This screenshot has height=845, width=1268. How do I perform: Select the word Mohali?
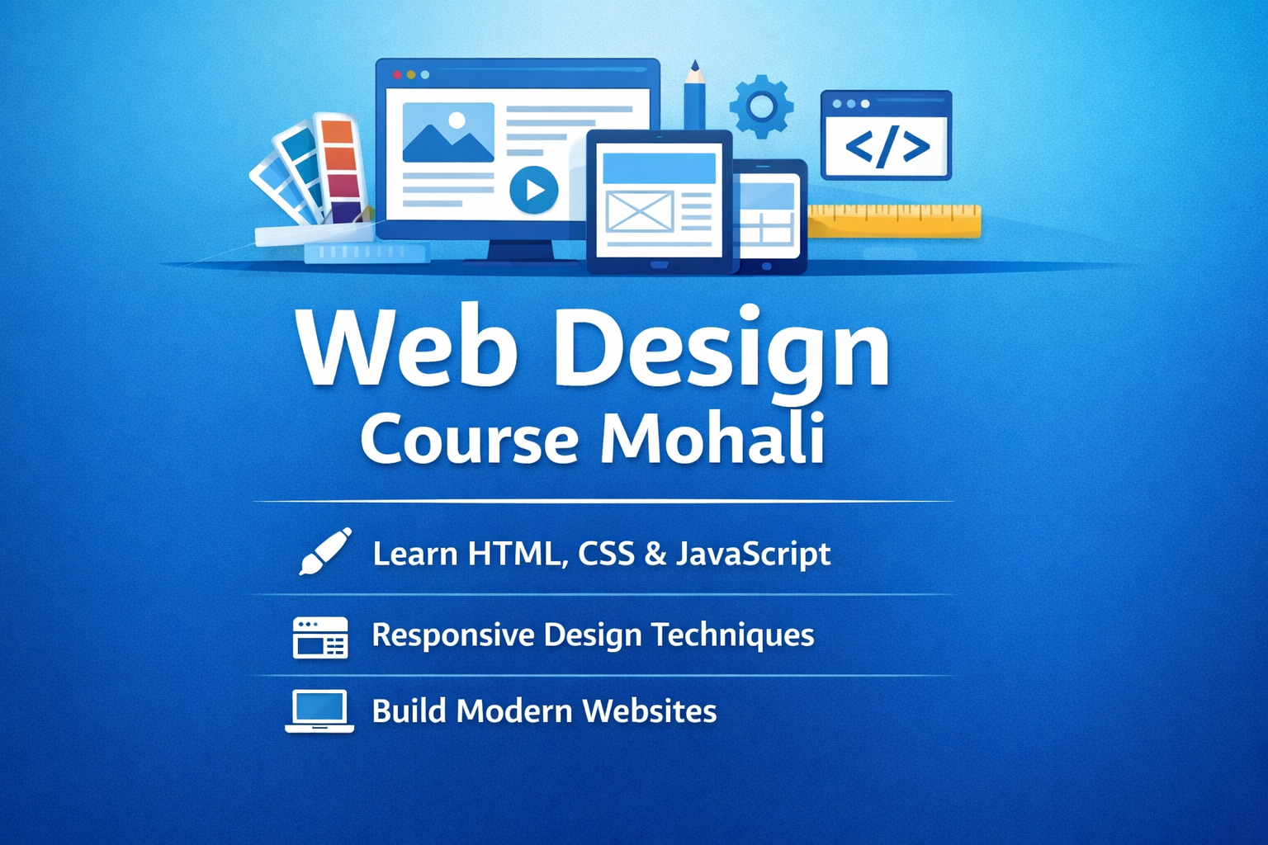coord(712,439)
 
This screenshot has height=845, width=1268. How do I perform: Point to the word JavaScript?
coord(753,555)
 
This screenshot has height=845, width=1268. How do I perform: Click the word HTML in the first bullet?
coord(517,554)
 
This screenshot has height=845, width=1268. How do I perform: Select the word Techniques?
coord(732,635)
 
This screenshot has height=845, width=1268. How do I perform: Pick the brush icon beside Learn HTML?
coord(324,551)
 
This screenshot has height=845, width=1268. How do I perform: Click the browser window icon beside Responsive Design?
coord(320,637)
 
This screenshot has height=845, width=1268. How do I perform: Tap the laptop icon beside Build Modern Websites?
coord(319,710)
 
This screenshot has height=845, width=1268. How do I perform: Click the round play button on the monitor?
coord(533,190)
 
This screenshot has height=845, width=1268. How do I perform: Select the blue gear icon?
coord(761,106)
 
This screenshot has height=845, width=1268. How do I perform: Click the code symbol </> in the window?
coord(887,147)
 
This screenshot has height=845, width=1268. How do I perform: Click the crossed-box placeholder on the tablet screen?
coord(640,211)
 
